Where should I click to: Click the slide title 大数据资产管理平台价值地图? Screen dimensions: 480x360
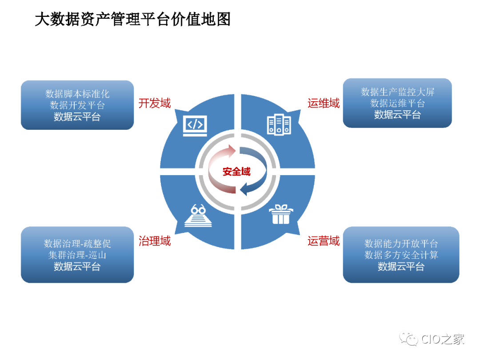click(132, 20)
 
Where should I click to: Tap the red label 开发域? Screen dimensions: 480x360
click(155, 104)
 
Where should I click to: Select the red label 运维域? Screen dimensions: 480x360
click(324, 104)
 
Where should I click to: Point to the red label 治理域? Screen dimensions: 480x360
click(155, 241)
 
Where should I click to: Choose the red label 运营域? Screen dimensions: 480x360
click(324, 241)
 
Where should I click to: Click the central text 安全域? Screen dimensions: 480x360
click(236, 172)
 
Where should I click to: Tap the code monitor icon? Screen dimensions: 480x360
click(195, 124)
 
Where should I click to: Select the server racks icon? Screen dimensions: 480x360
click(278, 124)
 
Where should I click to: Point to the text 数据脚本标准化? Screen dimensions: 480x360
click(77, 94)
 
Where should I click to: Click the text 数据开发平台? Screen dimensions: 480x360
click(77, 105)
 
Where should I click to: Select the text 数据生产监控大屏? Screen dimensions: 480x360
click(398, 92)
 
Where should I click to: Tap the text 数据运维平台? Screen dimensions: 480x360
click(398, 103)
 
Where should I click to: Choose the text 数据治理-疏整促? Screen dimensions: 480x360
click(77, 244)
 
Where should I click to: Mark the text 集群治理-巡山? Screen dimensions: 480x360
click(77, 255)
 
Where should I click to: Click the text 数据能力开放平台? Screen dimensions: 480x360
click(401, 244)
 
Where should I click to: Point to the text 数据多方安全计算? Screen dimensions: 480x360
click(401, 255)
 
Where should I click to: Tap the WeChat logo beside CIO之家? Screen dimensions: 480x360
click(408, 339)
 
